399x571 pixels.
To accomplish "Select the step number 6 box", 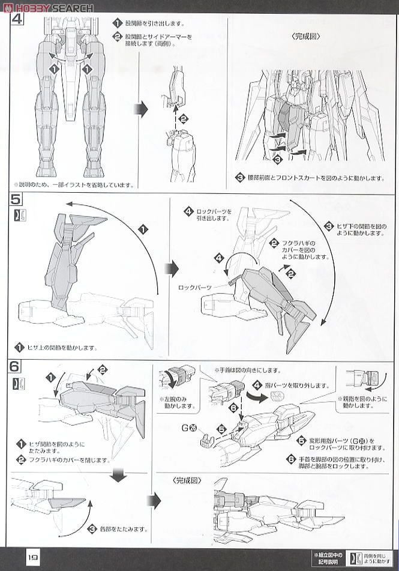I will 16,366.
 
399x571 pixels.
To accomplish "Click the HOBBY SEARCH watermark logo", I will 47,7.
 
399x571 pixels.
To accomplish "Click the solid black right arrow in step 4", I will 140,109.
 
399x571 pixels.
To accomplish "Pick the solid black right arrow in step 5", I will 172,268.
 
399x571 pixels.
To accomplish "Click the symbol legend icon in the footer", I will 356,556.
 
